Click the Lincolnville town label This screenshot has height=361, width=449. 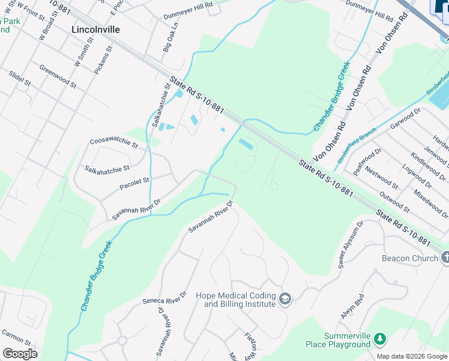95,29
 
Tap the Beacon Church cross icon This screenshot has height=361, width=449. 445,258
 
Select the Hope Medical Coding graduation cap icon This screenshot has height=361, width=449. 286,300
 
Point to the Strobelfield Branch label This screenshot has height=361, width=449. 357,144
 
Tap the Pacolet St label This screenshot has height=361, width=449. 134,180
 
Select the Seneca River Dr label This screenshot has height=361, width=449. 164,298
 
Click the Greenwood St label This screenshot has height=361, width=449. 58,77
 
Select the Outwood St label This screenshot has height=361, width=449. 394,202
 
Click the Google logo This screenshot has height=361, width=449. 20,354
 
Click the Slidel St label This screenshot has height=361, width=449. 20,79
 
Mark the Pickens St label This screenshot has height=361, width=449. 103,60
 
